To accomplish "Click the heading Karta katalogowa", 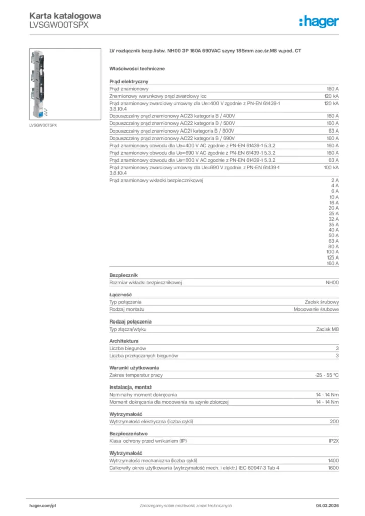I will pyautogui.click(x=65, y=16).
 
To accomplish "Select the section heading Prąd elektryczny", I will pyautogui.click(x=129, y=81).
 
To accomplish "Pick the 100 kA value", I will pyautogui.click(x=331, y=167).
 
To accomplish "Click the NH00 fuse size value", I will pyautogui.click(x=331, y=283).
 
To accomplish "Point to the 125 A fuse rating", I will pyautogui.click(x=332, y=257).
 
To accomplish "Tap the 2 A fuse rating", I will pyautogui.click(x=335, y=180).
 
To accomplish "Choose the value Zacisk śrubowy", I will pyautogui.click(x=322, y=302).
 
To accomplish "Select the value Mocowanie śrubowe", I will pyautogui.click(x=317, y=309).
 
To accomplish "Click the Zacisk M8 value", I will pyautogui.click(x=328, y=329).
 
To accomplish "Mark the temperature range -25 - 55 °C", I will pyautogui.click(x=326, y=375).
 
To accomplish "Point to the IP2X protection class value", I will pyautogui.click(x=334, y=441).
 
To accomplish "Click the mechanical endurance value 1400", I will pyautogui.click(x=333, y=461).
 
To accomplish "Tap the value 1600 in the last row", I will pyautogui.click(x=333, y=468).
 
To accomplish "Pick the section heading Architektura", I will pyautogui.click(x=124, y=341).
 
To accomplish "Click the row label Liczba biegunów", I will pyautogui.click(x=128, y=348).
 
